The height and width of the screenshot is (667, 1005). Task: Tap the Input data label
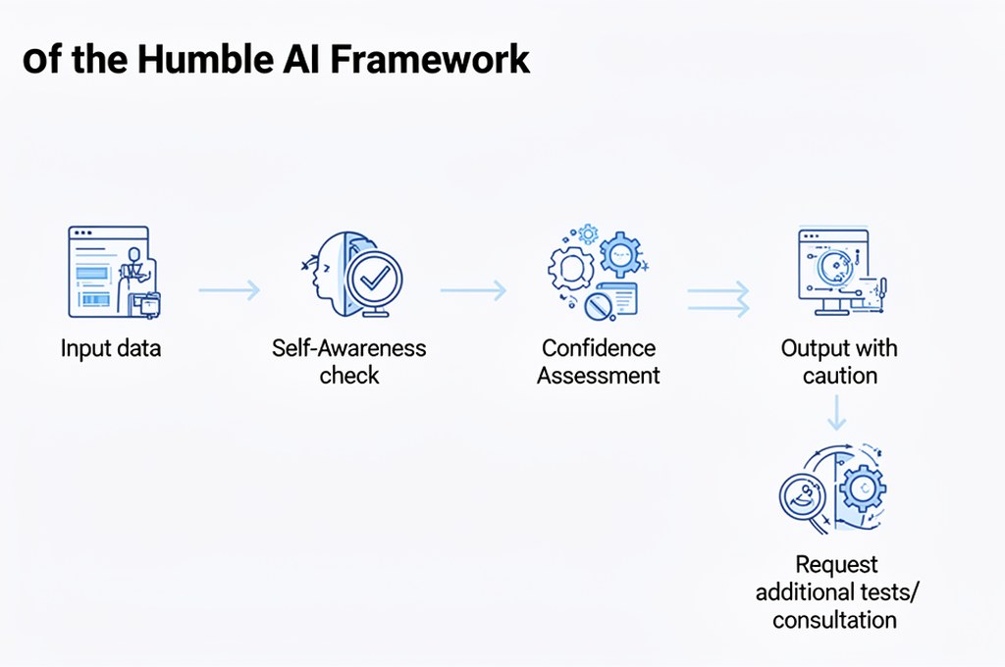111,349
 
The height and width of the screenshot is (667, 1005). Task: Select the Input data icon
111,272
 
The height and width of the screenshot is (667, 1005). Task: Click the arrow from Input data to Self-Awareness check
229,289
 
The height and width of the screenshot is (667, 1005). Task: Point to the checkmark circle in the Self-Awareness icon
373,280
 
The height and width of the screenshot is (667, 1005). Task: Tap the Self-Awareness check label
349,361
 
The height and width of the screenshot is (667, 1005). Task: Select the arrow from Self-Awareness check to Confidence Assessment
472,289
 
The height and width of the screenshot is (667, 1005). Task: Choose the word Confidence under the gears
598,348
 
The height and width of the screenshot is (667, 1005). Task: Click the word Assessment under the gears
598,376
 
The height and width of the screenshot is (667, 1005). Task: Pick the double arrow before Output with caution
717,298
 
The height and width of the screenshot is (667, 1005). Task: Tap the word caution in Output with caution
839,376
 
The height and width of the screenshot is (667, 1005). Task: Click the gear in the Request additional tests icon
862,487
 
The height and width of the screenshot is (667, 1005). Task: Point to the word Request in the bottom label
836,565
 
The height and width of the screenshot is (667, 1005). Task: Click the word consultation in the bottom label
834,620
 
